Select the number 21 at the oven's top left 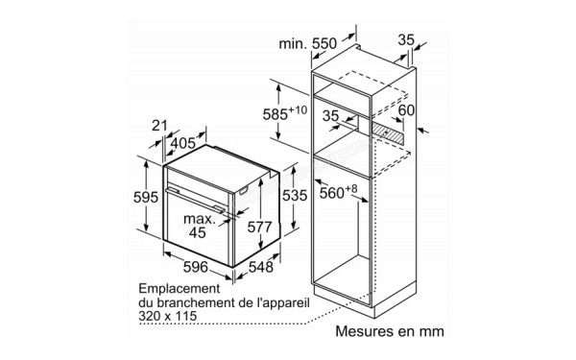[160, 126]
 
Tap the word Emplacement [180, 288]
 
